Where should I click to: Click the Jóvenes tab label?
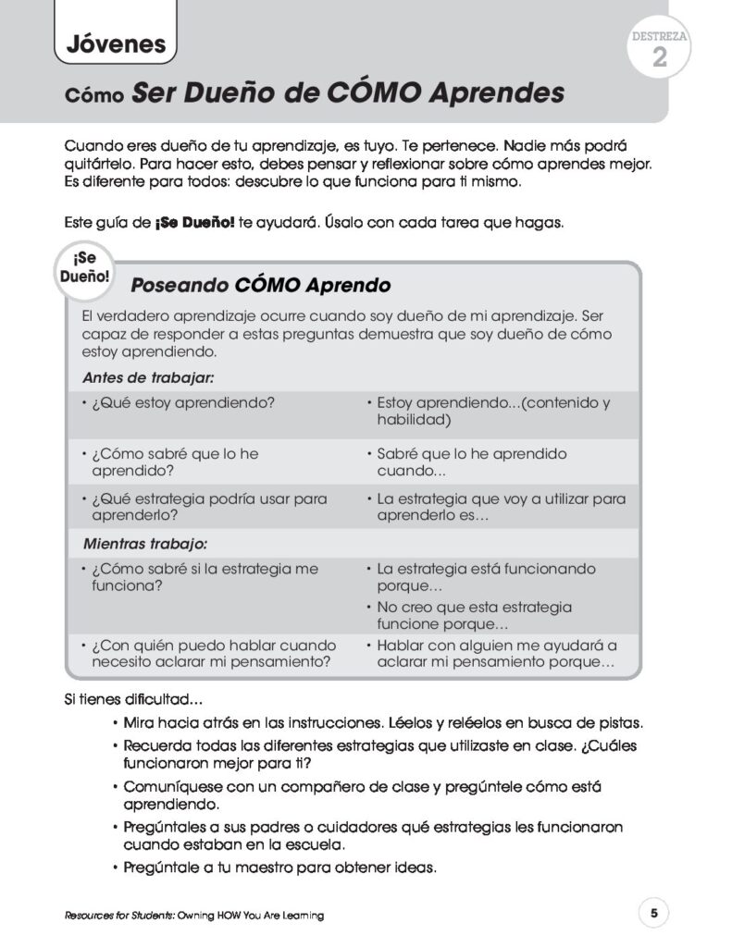coord(116,43)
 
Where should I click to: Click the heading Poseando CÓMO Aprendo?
coord(260,285)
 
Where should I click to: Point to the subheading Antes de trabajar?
coord(148,377)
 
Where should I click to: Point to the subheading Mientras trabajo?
coord(144,542)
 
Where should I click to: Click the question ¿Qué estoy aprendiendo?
coord(182,403)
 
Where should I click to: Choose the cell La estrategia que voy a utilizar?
coord(500,507)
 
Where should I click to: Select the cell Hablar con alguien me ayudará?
coord(495,654)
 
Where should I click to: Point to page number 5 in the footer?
coord(653,914)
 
